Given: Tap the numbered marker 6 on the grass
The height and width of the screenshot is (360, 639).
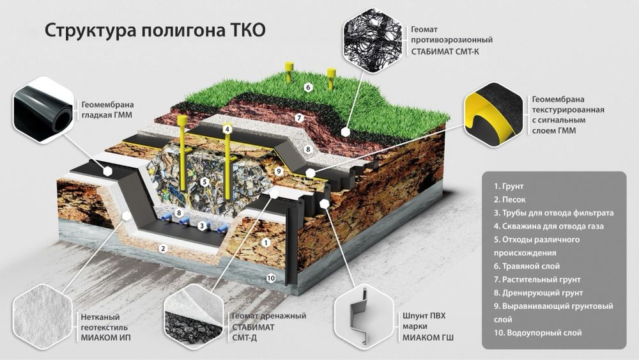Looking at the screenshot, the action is (307, 87).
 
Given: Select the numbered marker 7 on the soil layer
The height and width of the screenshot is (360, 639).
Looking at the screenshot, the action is (298, 118).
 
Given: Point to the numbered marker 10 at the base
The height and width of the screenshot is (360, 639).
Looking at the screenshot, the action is (270, 278).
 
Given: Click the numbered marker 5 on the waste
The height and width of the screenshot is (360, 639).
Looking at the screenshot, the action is (204, 182).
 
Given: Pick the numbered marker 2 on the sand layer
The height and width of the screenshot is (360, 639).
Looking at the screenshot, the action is (163, 249).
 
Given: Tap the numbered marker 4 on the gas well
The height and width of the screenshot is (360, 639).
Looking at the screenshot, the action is (227, 129).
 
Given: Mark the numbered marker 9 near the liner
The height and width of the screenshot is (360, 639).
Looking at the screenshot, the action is (278, 171).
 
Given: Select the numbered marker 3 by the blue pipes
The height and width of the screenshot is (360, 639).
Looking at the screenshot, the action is (201, 225).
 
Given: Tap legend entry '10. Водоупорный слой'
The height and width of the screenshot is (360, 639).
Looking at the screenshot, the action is (537, 333).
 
